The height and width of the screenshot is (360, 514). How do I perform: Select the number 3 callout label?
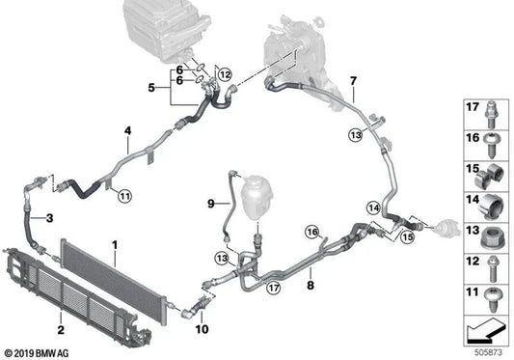(24, 219)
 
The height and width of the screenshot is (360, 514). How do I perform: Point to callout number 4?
(126, 131)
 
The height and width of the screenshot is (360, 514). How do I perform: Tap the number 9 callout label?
(209, 203)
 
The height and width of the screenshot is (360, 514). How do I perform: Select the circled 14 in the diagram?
(372, 207)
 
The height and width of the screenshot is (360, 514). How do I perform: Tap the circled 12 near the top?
(225, 73)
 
